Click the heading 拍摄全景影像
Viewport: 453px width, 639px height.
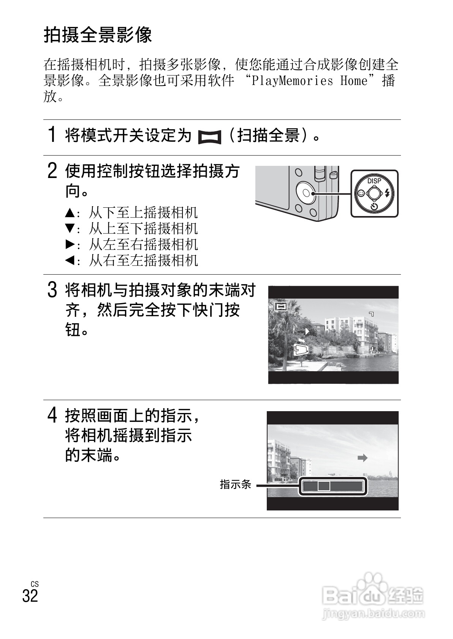point(98,35)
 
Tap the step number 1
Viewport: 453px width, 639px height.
point(52,135)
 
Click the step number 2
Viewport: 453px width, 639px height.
point(52,171)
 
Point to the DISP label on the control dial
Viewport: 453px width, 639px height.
point(374,181)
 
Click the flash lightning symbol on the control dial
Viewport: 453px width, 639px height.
point(387,193)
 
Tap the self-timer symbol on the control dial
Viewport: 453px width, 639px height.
point(374,207)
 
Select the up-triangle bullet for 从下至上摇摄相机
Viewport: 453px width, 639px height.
point(70,212)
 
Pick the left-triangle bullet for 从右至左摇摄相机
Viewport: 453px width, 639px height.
point(70,261)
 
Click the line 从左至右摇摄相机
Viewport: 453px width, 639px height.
point(143,245)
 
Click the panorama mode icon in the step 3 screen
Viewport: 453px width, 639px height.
point(280,306)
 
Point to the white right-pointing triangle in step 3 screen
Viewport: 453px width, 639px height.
point(307,332)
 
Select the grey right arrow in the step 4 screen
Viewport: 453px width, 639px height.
point(363,458)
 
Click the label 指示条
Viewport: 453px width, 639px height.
point(236,484)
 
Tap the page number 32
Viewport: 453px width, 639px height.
point(30,596)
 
